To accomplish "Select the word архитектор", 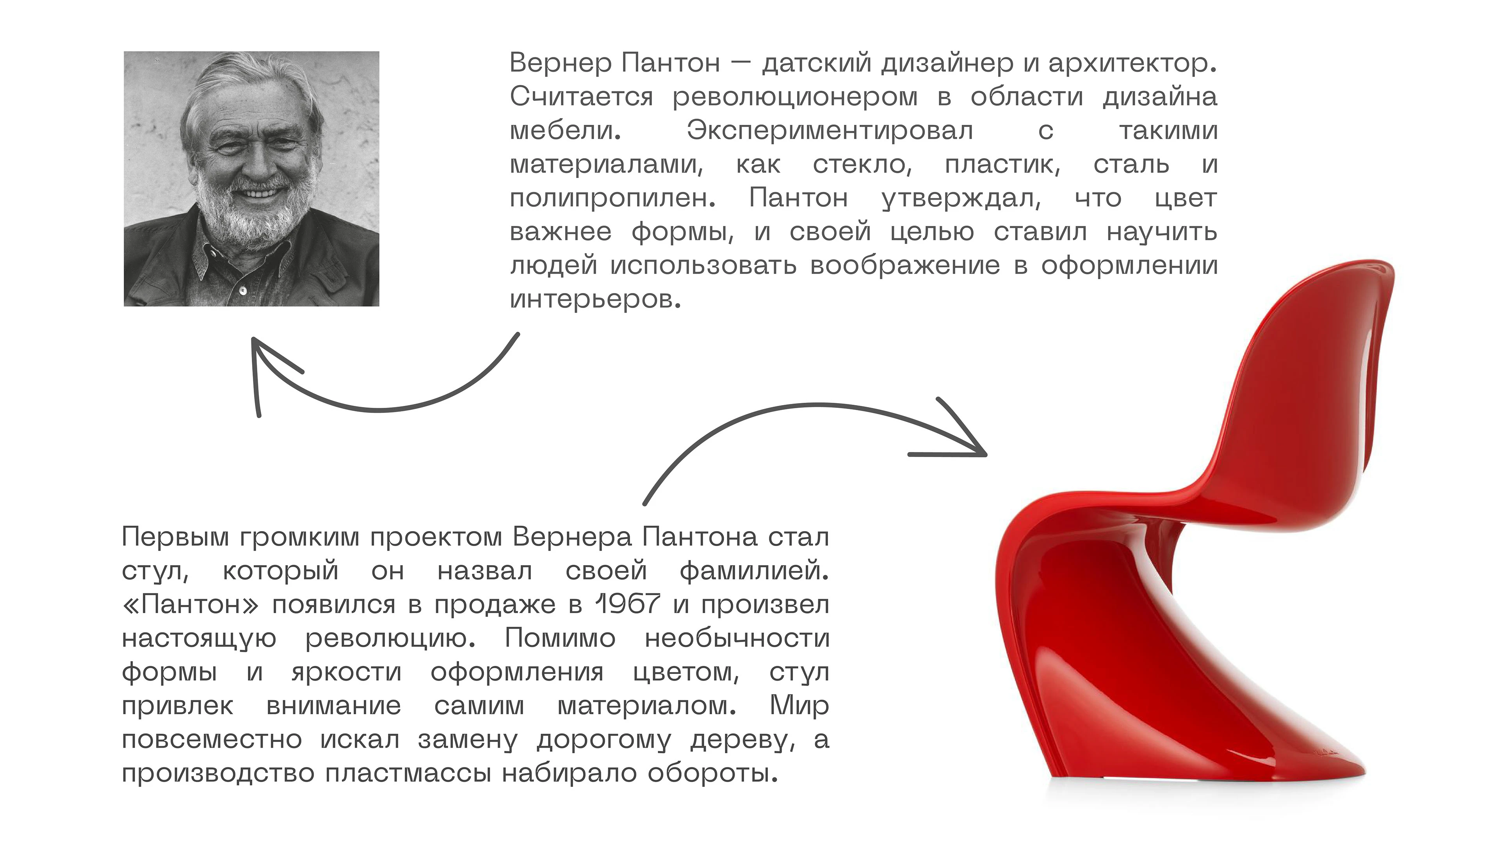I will pyautogui.click(x=1131, y=63).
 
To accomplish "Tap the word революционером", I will pyautogui.click(x=795, y=96).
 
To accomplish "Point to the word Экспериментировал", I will pyautogui.click(x=830, y=130).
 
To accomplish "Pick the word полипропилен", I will pyautogui.click(x=612, y=198).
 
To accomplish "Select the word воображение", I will pyautogui.click(x=905, y=265).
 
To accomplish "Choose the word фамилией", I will pyautogui.click(x=753, y=570).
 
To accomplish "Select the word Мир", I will pyautogui.click(x=799, y=706).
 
